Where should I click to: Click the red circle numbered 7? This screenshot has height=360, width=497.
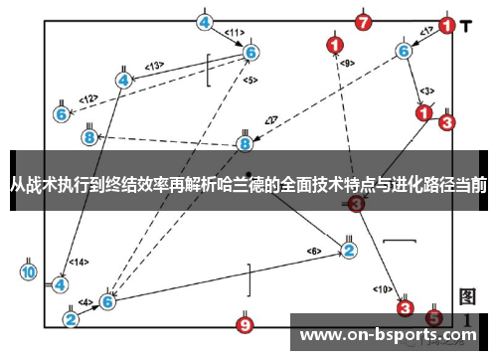pyautogui.click(x=364, y=21)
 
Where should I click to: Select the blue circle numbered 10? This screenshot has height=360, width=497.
pyautogui.click(x=28, y=271)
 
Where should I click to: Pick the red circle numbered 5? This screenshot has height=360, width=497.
pyautogui.click(x=433, y=316)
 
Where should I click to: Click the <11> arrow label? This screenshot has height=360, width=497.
pyautogui.click(x=235, y=32)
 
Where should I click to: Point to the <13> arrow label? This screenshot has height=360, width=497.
pyautogui.click(x=154, y=67)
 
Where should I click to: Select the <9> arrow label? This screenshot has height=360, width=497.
pyautogui.click(x=346, y=63)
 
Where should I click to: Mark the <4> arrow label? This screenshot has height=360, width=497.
pyautogui.click(x=85, y=302)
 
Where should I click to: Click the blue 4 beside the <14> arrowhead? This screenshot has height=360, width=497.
pyautogui.click(x=61, y=283)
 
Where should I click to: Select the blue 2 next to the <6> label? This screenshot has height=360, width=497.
pyautogui.click(x=349, y=249)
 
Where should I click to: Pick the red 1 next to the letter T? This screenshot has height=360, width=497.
pyautogui.click(x=448, y=26)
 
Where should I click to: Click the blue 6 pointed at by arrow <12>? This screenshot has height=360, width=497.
pyautogui.click(x=61, y=114)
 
